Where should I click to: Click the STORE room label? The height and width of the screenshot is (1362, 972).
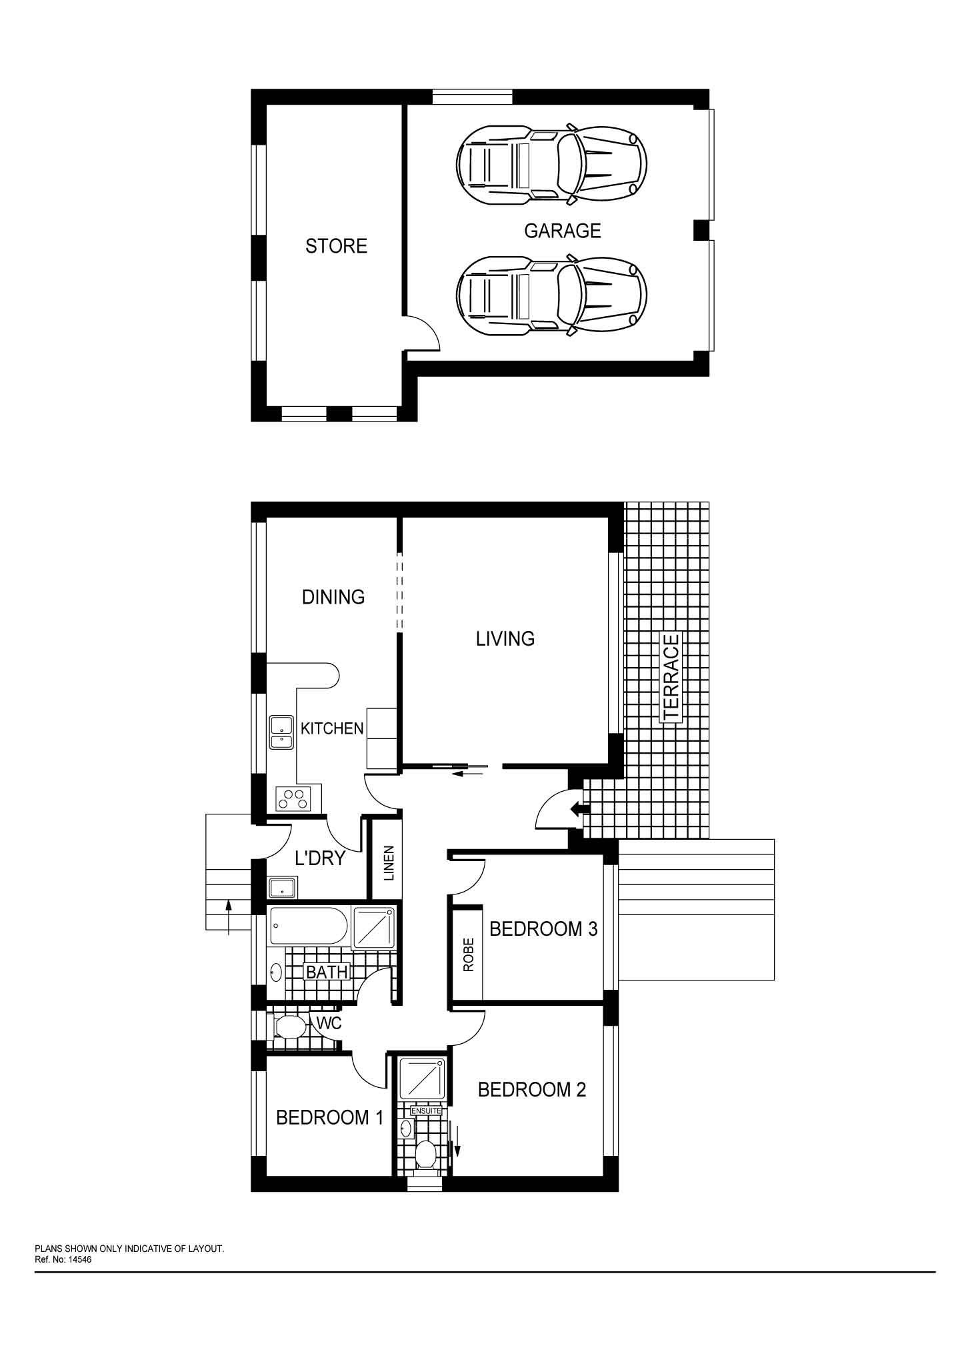[x=336, y=246]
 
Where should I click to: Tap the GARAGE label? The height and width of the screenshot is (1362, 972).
[x=562, y=231]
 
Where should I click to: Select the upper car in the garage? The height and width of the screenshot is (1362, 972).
[x=551, y=163]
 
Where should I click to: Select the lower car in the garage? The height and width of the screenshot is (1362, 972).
[x=551, y=294]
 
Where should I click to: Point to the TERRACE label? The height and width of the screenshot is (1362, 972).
[x=671, y=677]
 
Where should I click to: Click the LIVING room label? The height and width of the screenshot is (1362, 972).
[x=505, y=639]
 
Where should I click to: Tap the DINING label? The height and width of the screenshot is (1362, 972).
[x=333, y=596]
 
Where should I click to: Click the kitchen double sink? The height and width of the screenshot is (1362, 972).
[x=281, y=732]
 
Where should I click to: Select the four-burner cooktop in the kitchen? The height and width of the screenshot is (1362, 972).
[x=294, y=798]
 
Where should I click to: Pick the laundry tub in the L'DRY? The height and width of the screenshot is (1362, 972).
[x=283, y=887]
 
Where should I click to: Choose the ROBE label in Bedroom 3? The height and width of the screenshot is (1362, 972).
[x=468, y=954]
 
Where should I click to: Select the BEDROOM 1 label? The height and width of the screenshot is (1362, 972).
[x=330, y=1117]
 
